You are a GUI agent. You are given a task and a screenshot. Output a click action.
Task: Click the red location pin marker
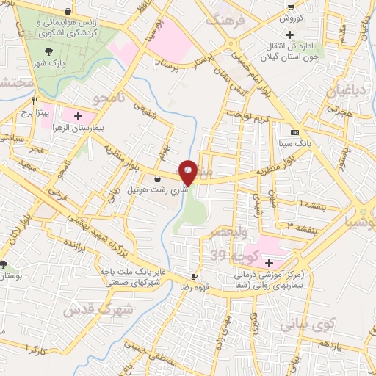pos(188,172)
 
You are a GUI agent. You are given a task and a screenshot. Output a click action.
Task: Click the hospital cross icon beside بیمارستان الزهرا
pos(79,116)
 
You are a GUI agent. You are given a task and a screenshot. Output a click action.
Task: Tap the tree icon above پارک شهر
pos(48,51)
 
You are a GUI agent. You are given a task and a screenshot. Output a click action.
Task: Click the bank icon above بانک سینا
pos(294,133)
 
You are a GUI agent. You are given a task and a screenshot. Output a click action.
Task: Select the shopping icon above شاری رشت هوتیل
pos(157,178)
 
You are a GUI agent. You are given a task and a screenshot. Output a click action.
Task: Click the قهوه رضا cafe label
pos(195,287)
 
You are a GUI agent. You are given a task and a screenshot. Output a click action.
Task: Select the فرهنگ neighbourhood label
pos(223,20)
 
